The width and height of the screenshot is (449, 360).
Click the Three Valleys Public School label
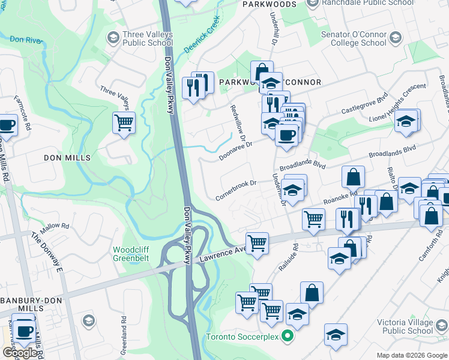pos(147,39)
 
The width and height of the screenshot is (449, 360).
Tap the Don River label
pos(26,39)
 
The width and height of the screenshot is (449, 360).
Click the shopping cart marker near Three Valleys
pos(124,123)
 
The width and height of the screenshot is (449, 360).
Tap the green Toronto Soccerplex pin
pos(288,336)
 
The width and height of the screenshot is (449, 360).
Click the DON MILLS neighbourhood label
pos(67,158)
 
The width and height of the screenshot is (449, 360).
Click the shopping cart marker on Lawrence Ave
pos(257,244)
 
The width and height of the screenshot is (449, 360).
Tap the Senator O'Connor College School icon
pos(395,39)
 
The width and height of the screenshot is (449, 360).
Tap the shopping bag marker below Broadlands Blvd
pos(353,177)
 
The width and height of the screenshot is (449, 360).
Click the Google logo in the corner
pos(20,353)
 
